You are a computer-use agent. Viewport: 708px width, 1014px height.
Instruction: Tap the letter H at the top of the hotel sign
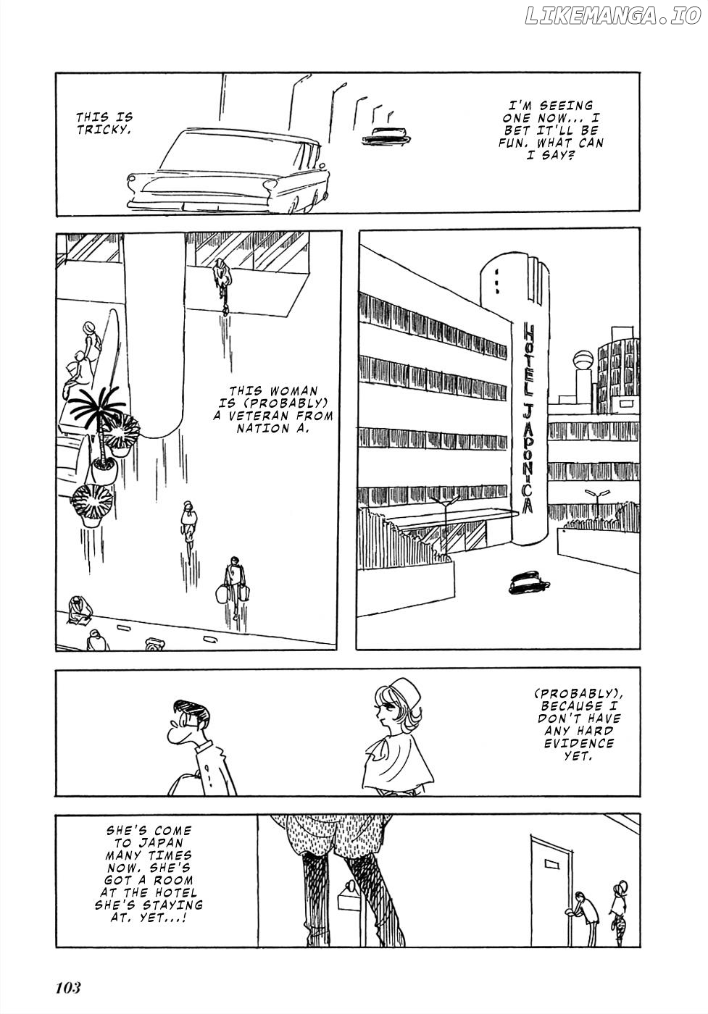[528, 329]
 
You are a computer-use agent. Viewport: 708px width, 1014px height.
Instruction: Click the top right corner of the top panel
[640, 72]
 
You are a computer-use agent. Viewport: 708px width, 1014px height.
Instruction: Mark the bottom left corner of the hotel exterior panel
[357, 650]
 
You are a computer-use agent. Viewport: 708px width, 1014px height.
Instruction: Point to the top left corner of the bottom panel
[57, 815]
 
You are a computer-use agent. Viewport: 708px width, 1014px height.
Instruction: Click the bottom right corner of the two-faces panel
[640, 796]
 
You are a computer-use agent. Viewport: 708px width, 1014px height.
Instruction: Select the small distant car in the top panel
[386, 135]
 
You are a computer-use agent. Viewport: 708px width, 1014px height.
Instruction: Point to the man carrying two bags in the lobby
[233, 586]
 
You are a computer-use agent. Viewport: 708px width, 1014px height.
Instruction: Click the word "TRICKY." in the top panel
[104, 130]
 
